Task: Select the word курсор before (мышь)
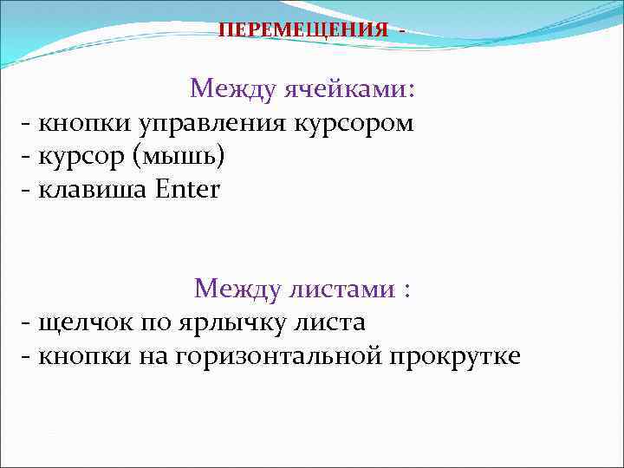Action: (83, 156)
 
